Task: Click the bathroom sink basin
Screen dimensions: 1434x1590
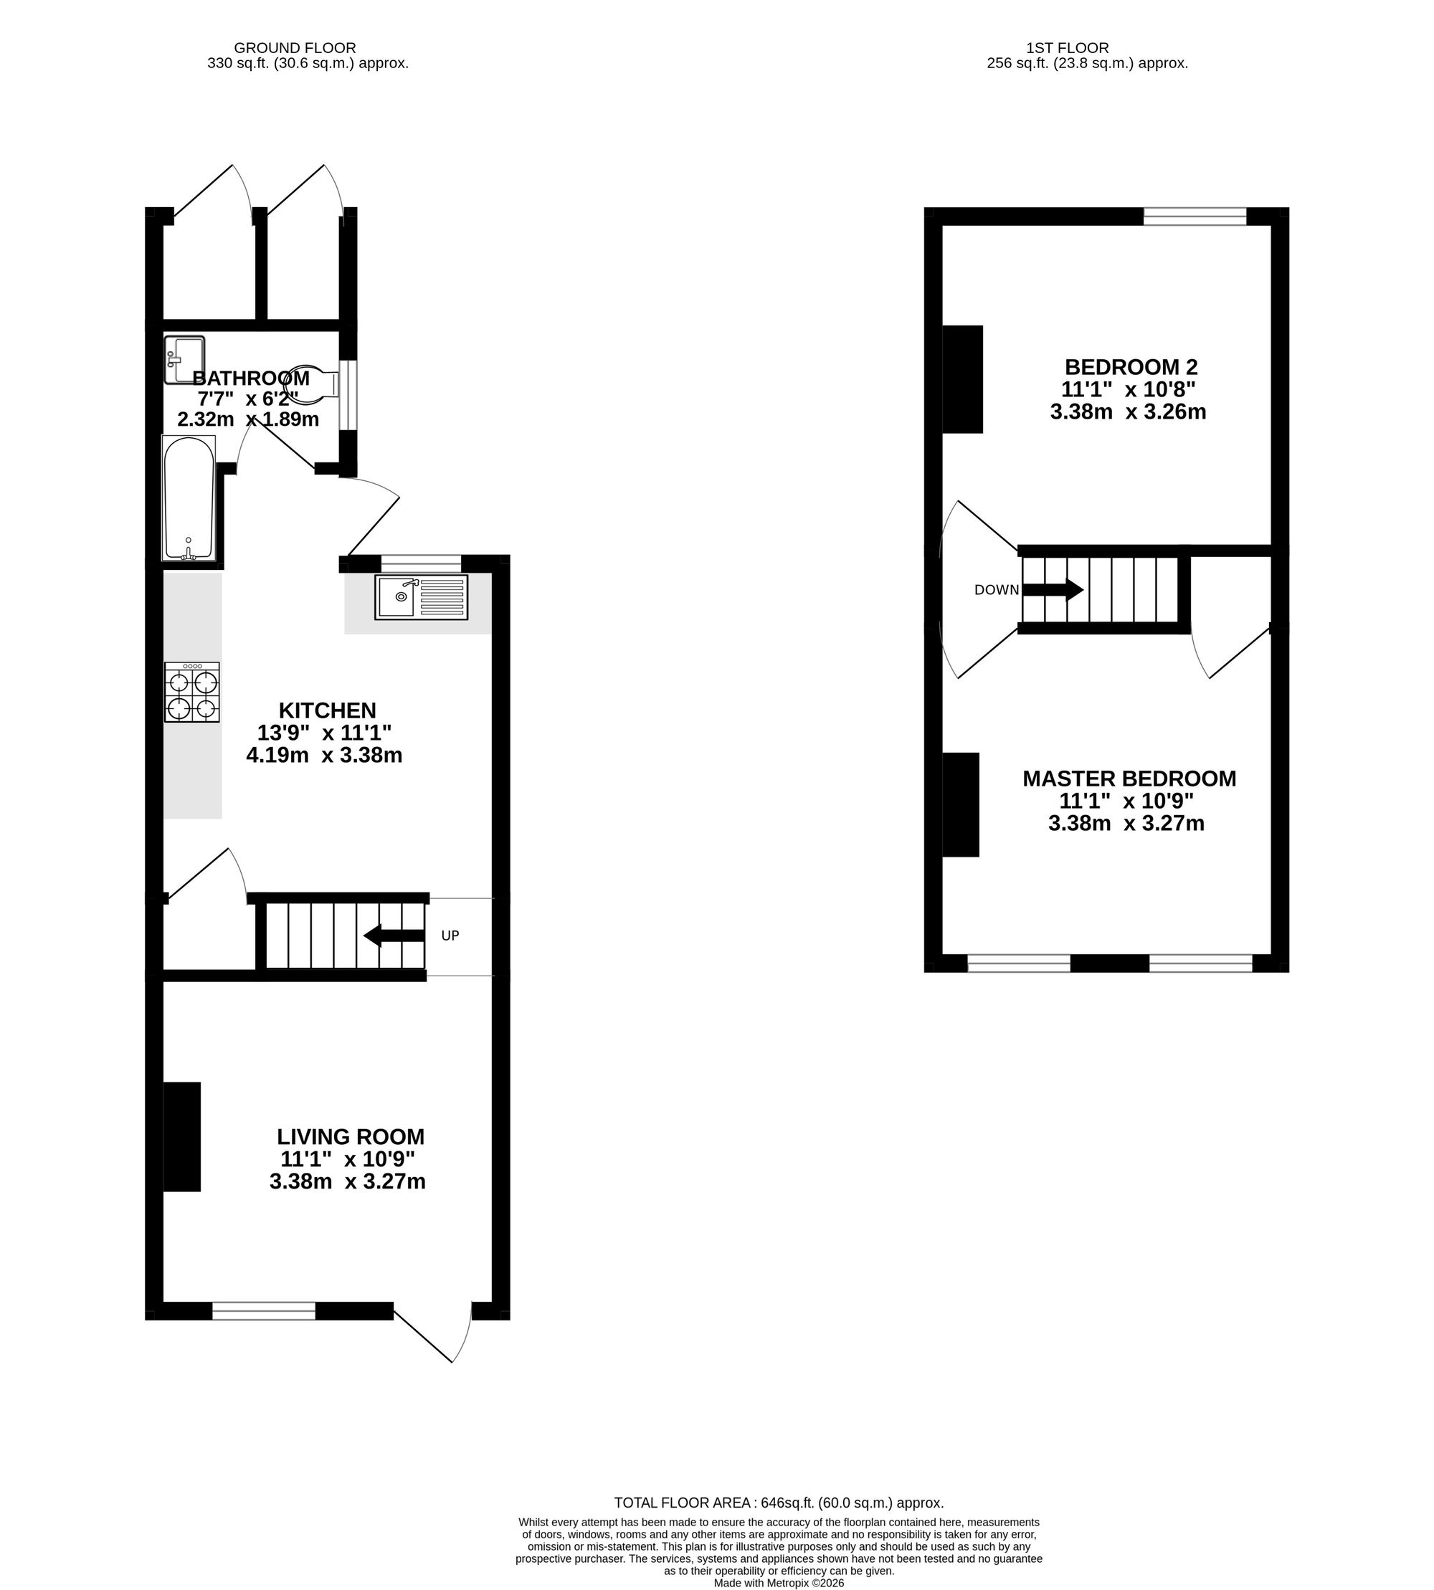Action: (x=184, y=360)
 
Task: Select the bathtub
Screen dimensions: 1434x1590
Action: (x=189, y=499)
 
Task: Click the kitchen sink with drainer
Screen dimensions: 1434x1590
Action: (x=421, y=596)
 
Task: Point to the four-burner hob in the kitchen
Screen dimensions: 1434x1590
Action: (x=192, y=692)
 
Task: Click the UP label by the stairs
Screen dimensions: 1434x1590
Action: (x=450, y=936)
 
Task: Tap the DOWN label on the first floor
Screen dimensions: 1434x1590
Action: (x=997, y=590)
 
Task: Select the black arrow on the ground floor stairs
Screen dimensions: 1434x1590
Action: (x=394, y=936)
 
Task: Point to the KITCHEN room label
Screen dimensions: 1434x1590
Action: (x=327, y=710)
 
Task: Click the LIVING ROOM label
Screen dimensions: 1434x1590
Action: (x=351, y=1137)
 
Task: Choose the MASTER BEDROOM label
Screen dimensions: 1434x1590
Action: (x=1129, y=779)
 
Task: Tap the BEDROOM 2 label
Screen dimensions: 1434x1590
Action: (x=1131, y=367)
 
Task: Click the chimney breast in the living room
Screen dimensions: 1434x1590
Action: (x=182, y=1136)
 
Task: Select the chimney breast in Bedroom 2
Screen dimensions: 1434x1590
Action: (x=963, y=379)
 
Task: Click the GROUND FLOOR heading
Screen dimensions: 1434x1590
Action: (x=295, y=48)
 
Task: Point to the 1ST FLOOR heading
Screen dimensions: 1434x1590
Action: (x=1067, y=48)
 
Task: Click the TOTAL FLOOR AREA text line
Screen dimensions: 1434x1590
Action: (x=779, y=1503)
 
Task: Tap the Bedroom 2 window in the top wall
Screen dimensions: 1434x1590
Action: (x=1195, y=216)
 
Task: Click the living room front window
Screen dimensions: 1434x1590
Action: (x=263, y=1311)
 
